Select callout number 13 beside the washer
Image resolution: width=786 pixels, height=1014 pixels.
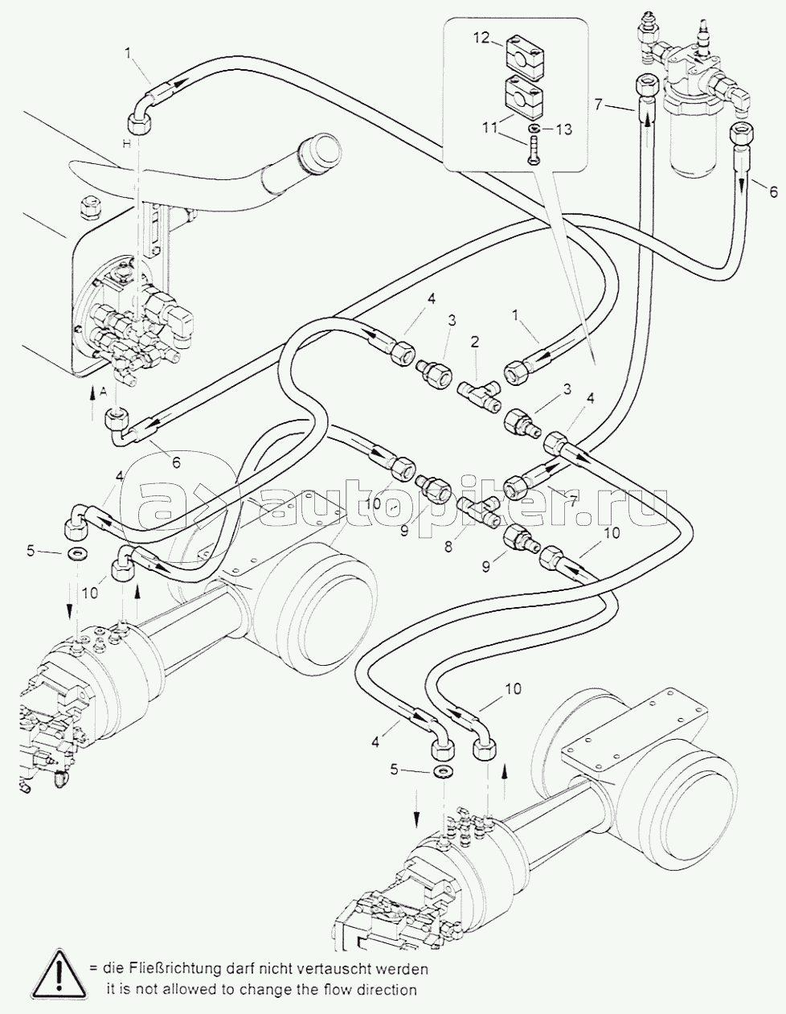pos(564,129)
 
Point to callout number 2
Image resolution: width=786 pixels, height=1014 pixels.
pos(475,342)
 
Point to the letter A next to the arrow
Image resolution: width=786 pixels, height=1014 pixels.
pos(102,392)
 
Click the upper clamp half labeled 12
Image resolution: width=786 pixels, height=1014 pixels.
pos(525,53)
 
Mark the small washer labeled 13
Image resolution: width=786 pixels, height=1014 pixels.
pos(534,129)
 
